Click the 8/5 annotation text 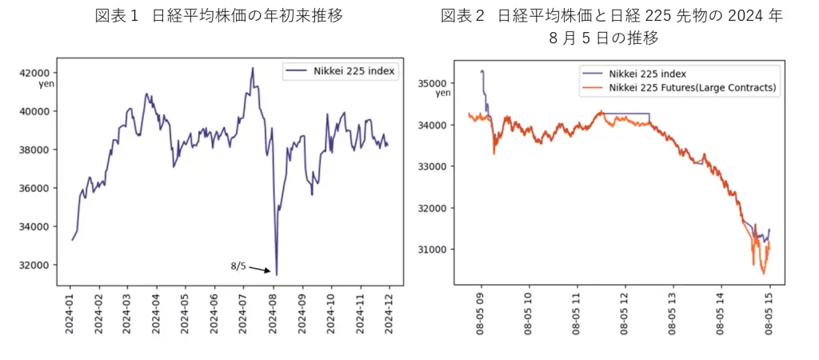[x=238, y=265]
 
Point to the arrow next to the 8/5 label [x=261, y=270]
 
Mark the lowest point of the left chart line [x=277, y=274]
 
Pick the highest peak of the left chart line [x=253, y=68]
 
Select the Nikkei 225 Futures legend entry [x=693, y=88]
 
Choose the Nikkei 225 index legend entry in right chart [x=647, y=74]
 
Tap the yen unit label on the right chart [x=443, y=94]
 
